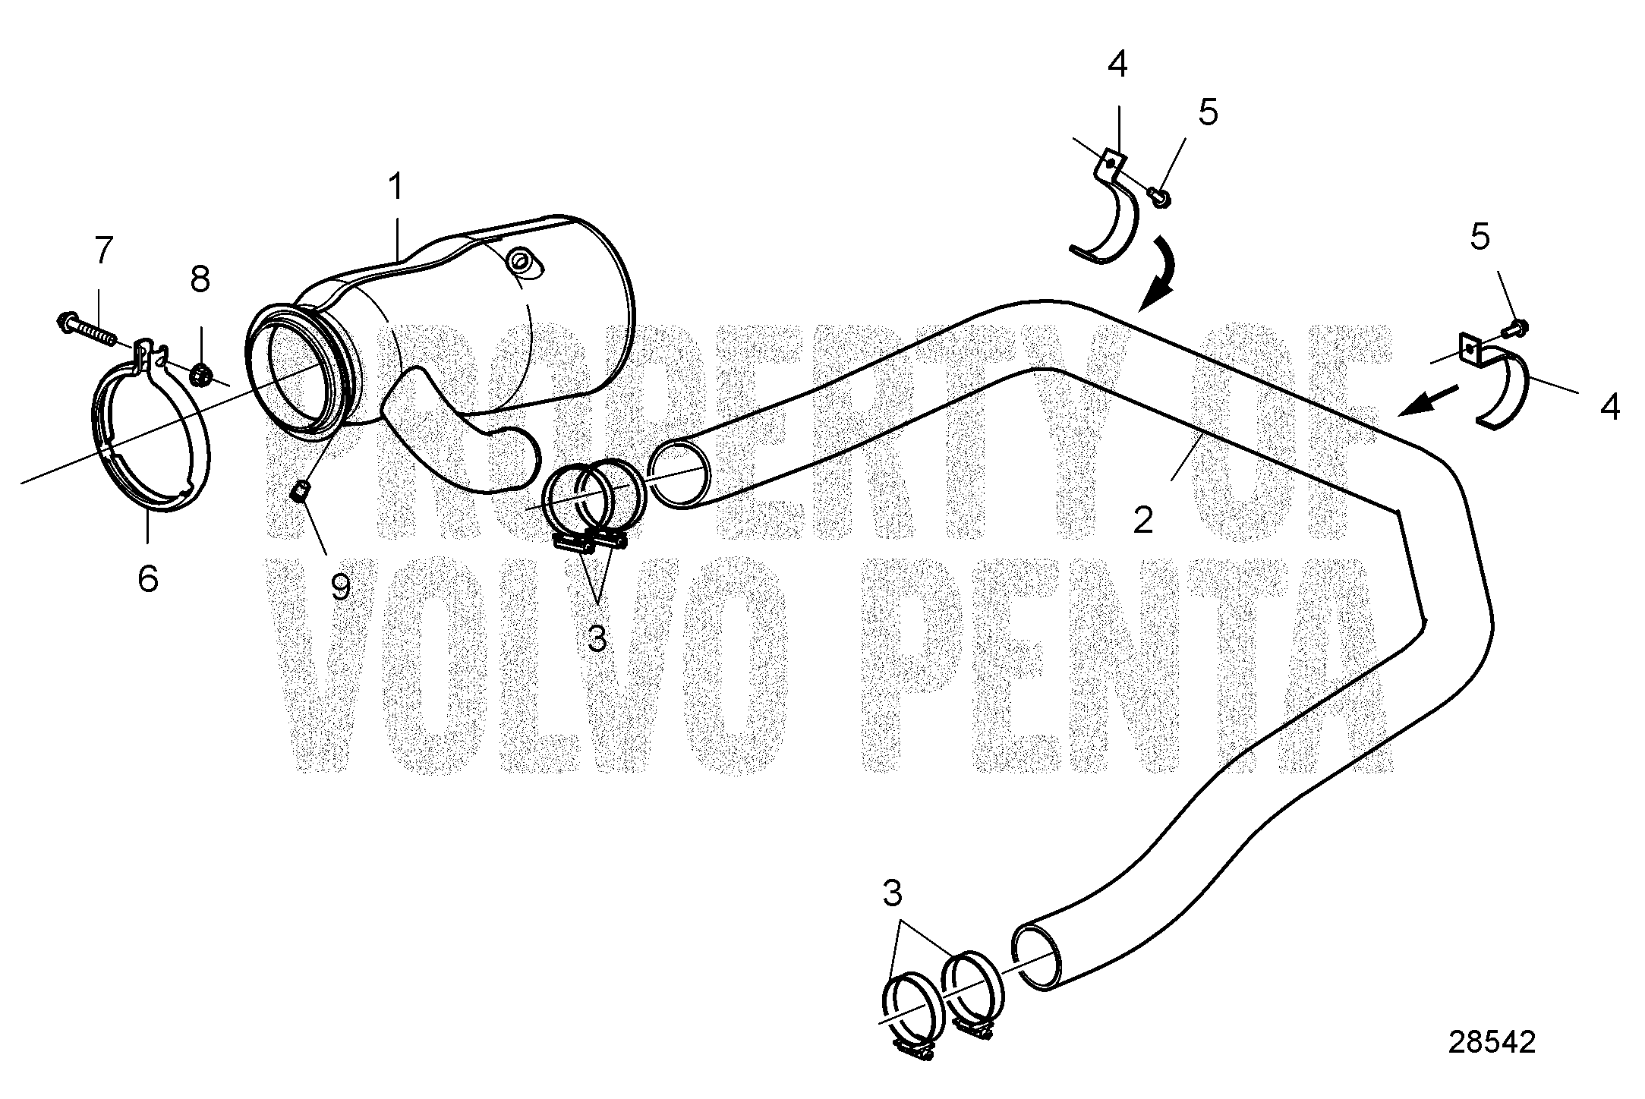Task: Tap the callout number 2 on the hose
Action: tap(1142, 520)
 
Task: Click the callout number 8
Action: tap(200, 279)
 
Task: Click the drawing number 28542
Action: tap(1492, 1042)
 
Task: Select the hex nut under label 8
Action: tap(202, 373)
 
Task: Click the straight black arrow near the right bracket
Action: tap(1428, 400)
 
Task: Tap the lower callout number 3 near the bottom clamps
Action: tap(893, 893)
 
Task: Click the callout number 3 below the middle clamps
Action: tap(597, 639)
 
